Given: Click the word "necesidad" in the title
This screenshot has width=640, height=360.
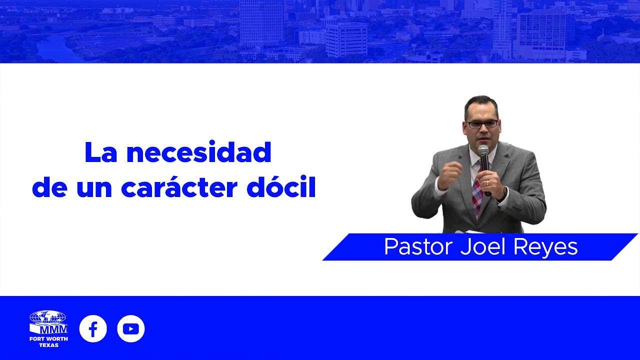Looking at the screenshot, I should click(198, 152).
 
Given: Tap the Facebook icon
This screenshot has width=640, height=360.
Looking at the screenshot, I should click(93, 328).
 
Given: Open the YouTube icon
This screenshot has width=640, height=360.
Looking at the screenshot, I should click(131, 328).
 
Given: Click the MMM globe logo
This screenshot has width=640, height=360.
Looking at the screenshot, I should click(48, 323).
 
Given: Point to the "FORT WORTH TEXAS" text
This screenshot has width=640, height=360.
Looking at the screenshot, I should click(48, 342).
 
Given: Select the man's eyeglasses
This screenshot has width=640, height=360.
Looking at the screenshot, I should click(481, 124).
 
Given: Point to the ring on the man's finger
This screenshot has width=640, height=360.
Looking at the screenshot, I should click(487, 183).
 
